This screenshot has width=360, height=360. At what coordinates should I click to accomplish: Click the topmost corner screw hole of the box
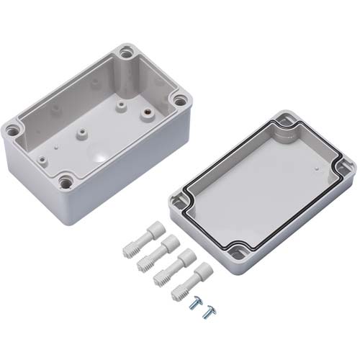tap(127, 53)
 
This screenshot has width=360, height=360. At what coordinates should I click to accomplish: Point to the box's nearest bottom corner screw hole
tap(66, 182)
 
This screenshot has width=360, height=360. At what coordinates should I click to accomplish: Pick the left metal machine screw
tap(193, 305)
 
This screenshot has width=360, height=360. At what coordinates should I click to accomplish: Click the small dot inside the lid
tap(316, 167)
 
